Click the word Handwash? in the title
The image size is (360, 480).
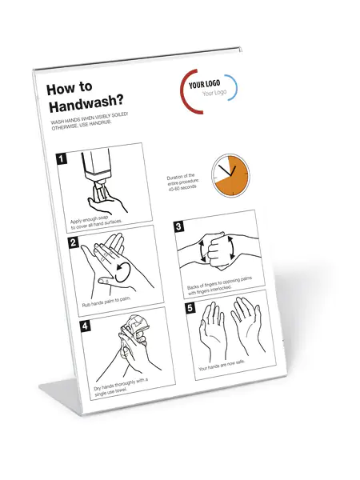(x=86, y=104)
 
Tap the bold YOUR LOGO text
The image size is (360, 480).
(x=204, y=84)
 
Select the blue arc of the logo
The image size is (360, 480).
(x=233, y=87)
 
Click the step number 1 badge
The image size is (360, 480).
(x=62, y=158)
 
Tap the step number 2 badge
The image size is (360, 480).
(x=73, y=242)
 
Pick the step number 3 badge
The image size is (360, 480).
(x=178, y=226)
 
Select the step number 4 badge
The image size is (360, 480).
(x=85, y=326)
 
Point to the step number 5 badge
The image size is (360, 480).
(x=190, y=308)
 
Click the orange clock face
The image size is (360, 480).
(x=231, y=175)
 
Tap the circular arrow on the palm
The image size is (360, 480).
(x=122, y=273)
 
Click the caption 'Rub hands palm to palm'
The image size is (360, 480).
(x=106, y=302)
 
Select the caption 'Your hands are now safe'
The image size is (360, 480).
(x=222, y=366)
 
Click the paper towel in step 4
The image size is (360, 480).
(x=134, y=326)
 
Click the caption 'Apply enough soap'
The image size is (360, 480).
(x=89, y=219)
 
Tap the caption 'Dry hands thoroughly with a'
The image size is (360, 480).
(x=121, y=384)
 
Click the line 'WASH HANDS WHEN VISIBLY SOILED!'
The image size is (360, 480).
(x=90, y=118)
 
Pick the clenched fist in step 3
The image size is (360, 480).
(x=218, y=250)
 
